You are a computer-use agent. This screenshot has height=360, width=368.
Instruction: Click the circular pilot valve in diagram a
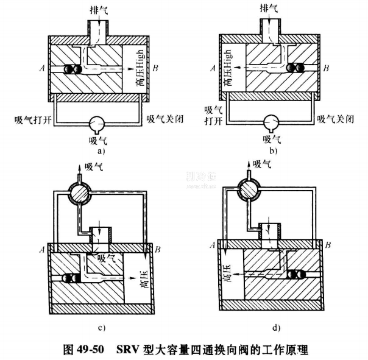pos(96,123)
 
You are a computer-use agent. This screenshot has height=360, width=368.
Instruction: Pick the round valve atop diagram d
pos(250,193)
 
